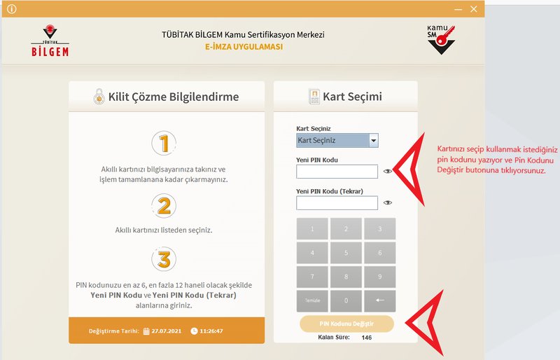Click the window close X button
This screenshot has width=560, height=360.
pos(474,9)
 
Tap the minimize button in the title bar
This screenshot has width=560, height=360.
pos(458,10)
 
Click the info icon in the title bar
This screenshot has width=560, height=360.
pos(11,9)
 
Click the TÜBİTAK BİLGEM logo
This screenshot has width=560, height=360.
pos(50,41)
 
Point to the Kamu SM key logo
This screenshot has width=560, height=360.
pos(441,39)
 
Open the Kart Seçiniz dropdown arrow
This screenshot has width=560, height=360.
pos(374,141)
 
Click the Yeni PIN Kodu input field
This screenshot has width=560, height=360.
pos(337,172)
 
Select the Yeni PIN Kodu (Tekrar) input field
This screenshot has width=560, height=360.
pos(337,203)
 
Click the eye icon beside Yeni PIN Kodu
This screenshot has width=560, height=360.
pos(388,171)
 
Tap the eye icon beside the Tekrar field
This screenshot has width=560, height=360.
pos(388,202)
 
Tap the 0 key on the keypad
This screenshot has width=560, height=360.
pos(346,300)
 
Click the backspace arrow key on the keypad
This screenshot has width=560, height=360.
pos(379,300)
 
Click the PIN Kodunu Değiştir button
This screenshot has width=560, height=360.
pos(346,324)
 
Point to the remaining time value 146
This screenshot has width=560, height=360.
pos(366,338)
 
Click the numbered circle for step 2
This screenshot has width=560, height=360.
pos(164,206)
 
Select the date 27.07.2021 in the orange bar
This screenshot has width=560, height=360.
pos(166,331)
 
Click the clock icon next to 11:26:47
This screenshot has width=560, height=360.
pos(194,331)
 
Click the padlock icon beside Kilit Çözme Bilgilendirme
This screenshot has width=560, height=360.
pos(99,97)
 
